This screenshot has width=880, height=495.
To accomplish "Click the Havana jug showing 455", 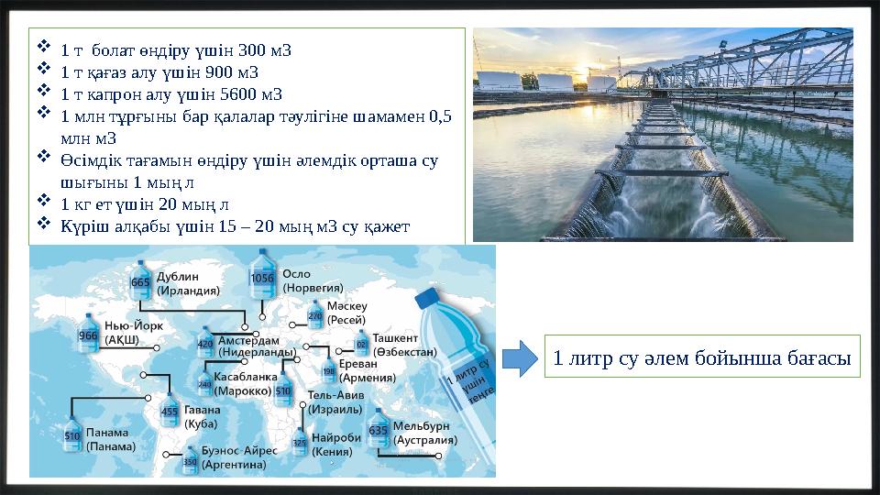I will point(170,412).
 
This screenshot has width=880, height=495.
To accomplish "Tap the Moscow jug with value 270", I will point(314,316).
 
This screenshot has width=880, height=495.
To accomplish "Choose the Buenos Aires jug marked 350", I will point(190,461).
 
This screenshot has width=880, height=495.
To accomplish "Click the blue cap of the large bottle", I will point(428,297).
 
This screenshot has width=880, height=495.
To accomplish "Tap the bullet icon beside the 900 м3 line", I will point(43,71).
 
